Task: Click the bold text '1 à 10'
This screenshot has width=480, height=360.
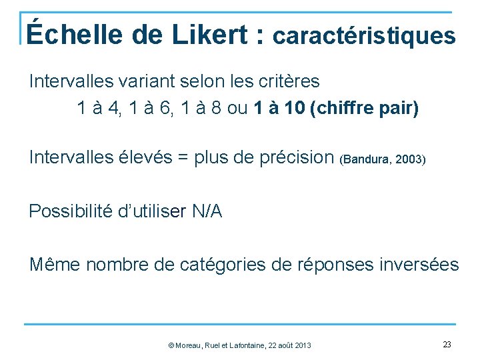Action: (x=280, y=108)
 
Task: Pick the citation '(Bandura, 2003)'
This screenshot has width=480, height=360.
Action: (x=383, y=160)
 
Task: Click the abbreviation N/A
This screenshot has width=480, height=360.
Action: (x=207, y=211)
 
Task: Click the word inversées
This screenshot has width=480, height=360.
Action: (x=418, y=265)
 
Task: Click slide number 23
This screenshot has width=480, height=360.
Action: (x=447, y=344)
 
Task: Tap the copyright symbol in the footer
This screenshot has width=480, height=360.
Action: (x=171, y=345)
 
